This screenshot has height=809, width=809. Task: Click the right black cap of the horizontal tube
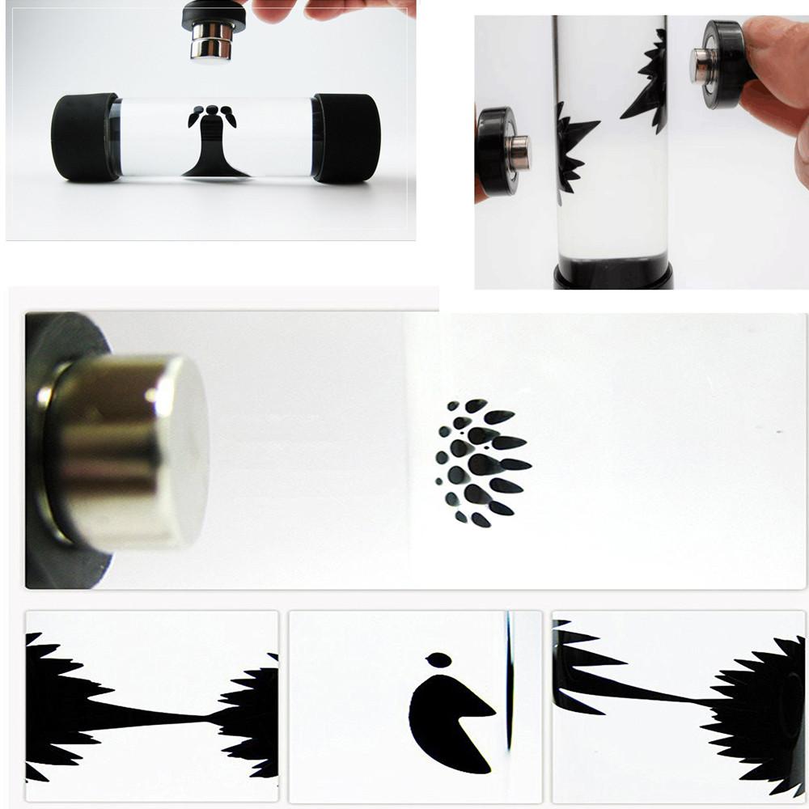pyautogui.click(x=348, y=137)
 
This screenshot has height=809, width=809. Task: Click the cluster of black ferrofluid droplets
pyautogui.click(x=481, y=461)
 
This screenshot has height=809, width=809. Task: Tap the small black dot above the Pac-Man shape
pyautogui.click(x=438, y=660)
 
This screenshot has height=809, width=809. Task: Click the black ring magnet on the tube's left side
pyautogui.click(x=495, y=150)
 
